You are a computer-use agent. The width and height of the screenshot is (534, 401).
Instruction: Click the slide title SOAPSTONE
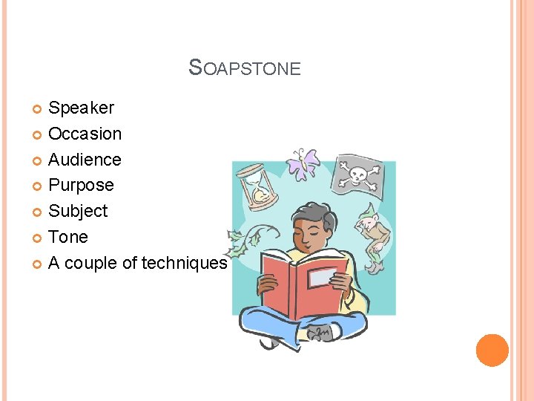click(x=245, y=68)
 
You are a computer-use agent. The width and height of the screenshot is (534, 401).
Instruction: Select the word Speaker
click(x=81, y=108)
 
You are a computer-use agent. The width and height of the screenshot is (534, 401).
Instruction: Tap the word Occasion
click(x=85, y=134)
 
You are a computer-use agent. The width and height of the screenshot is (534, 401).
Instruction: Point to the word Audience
click(x=85, y=160)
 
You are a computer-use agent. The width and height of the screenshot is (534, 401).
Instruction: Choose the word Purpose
click(x=81, y=186)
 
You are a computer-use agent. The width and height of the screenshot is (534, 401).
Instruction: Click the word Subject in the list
click(x=78, y=212)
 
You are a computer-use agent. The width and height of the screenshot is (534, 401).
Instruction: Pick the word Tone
click(x=67, y=238)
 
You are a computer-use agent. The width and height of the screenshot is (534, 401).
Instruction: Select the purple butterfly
click(x=304, y=163)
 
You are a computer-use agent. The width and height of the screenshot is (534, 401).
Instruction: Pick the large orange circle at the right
click(x=492, y=351)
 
